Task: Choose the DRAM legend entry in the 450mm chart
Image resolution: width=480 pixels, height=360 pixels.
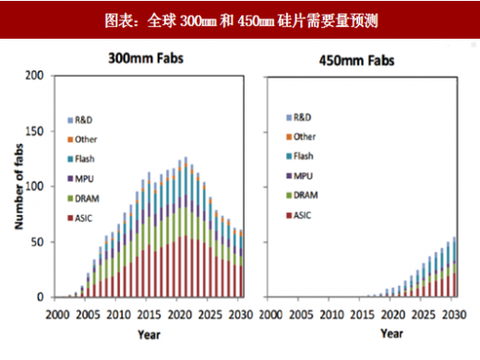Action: pyautogui.click(x=304, y=194)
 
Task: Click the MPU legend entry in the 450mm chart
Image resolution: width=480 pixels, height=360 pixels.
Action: pyautogui.click(x=302, y=174)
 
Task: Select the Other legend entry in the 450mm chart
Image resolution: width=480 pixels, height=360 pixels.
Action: pyautogui.click(x=304, y=137)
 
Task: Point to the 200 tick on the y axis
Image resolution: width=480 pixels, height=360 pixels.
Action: pyautogui.click(x=35, y=75)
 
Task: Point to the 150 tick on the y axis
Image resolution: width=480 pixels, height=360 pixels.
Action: pyautogui.click(x=35, y=130)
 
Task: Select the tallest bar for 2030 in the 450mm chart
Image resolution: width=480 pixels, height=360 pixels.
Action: pyautogui.click(x=454, y=268)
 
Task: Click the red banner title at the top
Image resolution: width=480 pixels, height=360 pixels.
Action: pyautogui.click(x=240, y=18)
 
